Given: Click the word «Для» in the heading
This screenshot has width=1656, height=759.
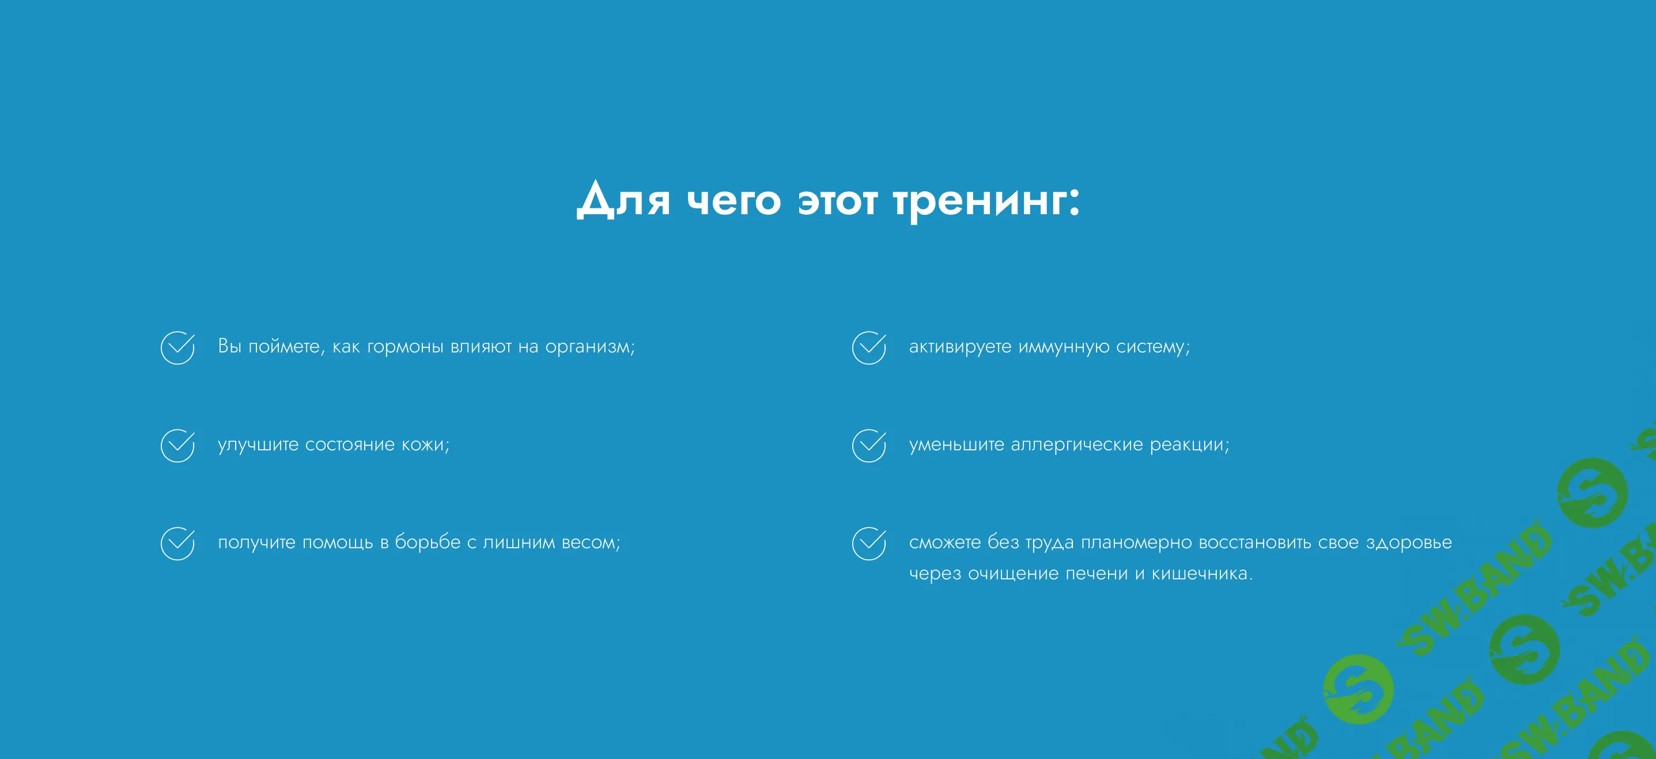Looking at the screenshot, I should (623, 200).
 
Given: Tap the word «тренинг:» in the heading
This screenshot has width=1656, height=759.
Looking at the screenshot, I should (986, 201).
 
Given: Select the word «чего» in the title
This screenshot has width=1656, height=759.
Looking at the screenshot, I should (734, 201).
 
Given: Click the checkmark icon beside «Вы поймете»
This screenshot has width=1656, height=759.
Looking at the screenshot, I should (177, 348).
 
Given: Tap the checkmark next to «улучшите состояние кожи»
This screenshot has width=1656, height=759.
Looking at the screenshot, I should (177, 445).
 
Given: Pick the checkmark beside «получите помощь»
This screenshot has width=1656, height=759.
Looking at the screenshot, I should (177, 544).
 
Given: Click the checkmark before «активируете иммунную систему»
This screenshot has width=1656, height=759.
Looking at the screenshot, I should (868, 348).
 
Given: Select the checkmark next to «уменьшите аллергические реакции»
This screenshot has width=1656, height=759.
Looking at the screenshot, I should (868, 445).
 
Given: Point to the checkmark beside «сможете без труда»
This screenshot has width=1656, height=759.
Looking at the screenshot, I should (868, 544).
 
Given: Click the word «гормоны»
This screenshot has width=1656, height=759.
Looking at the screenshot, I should (405, 347).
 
